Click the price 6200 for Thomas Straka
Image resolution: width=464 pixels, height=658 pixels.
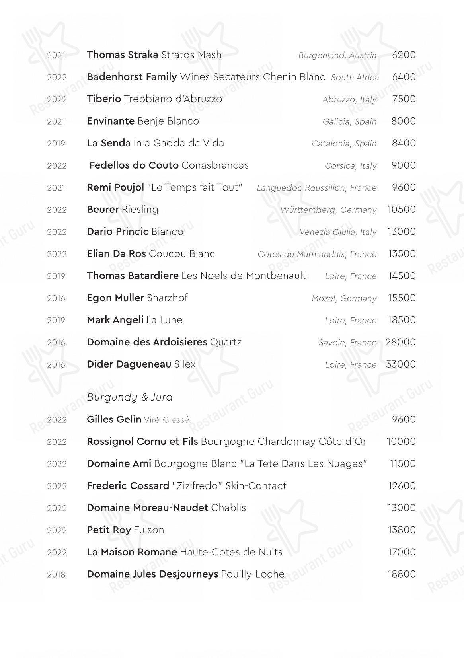(x=404, y=55)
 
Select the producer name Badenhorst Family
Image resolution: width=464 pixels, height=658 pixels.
(x=132, y=77)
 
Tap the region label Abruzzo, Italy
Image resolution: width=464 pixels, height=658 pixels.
(x=349, y=99)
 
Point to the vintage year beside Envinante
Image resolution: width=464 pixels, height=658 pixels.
(x=56, y=121)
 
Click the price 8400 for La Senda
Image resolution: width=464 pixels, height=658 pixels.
(x=404, y=143)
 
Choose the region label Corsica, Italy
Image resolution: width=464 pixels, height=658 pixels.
(x=350, y=166)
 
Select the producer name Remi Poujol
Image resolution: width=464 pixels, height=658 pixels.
(x=115, y=187)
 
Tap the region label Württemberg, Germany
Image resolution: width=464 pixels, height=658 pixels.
(x=328, y=210)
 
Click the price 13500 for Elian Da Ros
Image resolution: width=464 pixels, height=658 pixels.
(x=402, y=254)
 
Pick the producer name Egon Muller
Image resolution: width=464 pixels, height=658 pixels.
(x=115, y=298)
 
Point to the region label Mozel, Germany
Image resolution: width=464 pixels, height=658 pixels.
(x=344, y=298)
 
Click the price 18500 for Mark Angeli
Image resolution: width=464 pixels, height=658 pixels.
(x=402, y=320)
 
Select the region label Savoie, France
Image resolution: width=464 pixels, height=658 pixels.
(x=347, y=343)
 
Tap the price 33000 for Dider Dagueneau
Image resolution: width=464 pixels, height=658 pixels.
(x=401, y=364)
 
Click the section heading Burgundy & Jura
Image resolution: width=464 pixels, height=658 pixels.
(x=130, y=397)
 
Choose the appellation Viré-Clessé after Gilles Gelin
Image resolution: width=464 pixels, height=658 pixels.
(x=166, y=420)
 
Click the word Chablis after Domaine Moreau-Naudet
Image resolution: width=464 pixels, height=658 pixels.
(x=228, y=508)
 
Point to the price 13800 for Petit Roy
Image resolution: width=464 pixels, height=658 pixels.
(x=402, y=530)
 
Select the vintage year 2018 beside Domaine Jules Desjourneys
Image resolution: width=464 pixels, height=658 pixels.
(x=56, y=574)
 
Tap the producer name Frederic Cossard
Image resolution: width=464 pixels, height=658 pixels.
(x=128, y=486)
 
